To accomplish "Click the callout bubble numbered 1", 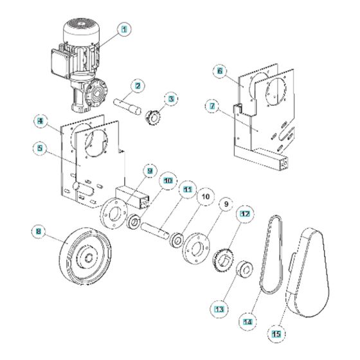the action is [x=124, y=30].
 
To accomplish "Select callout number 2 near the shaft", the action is [x=138, y=86].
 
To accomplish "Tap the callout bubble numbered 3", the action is [x=171, y=99].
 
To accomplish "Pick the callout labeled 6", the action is [x=220, y=71].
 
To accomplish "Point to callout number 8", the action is [x=39, y=231].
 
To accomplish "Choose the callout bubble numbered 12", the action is [x=245, y=214].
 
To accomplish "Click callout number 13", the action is [x=219, y=309].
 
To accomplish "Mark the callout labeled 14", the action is [x=248, y=322].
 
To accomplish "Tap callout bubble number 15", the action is [x=276, y=334].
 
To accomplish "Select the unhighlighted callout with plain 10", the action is [x=206, y=197].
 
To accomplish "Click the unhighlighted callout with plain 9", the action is [x=226, y=204].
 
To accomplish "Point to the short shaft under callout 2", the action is [x=127, y=105].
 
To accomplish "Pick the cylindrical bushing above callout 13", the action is [x=244, y=270].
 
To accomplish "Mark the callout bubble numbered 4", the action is [x=40, y=121].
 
